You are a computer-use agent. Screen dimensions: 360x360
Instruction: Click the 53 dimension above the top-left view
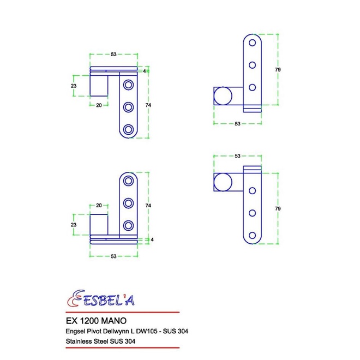113,55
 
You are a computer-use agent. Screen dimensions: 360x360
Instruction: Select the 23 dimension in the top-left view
73,85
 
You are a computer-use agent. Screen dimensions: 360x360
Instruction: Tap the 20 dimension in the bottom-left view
99,206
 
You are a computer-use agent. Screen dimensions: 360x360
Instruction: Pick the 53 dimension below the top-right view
238,124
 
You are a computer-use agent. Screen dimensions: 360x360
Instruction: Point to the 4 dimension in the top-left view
145,71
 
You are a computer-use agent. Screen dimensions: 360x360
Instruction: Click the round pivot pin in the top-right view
223,96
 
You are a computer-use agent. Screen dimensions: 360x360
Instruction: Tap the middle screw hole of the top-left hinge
129,106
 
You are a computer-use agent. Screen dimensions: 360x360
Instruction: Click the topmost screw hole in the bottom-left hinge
129,181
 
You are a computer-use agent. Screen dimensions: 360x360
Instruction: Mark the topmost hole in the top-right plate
253,42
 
